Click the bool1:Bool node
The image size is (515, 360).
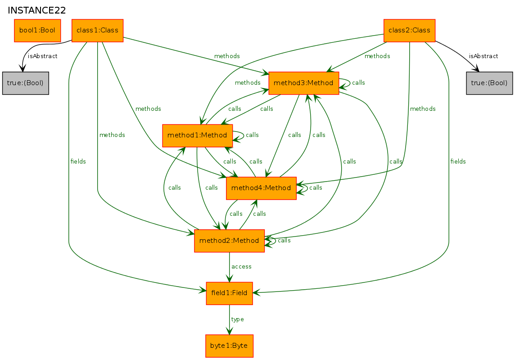pos(37,31)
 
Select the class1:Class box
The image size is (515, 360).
pos(98,31)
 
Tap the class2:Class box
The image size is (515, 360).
pos(409,31)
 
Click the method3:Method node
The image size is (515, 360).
pos(304,83)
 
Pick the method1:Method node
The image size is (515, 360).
pos(197,136)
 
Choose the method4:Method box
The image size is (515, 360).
pos(261,188)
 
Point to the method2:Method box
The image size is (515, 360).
pos(229,241)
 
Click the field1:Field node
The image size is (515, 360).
pos(229,293)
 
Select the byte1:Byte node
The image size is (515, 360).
pos(229,346)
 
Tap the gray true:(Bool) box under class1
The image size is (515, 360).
pos(26,83)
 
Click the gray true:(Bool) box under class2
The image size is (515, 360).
pos(489,83)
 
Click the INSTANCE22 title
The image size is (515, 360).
pos(37,10)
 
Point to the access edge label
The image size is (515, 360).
pos(241,267)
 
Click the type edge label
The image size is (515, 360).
pos(237,319)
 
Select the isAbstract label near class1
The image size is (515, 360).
pos(43,56)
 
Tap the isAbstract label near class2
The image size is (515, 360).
pos(483,56)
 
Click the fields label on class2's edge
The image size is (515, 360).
pos(458,161)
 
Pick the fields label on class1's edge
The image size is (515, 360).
pos(78,161)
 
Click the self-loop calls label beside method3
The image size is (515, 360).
pos(358,82)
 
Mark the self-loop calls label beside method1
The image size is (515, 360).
pos(252,135)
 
